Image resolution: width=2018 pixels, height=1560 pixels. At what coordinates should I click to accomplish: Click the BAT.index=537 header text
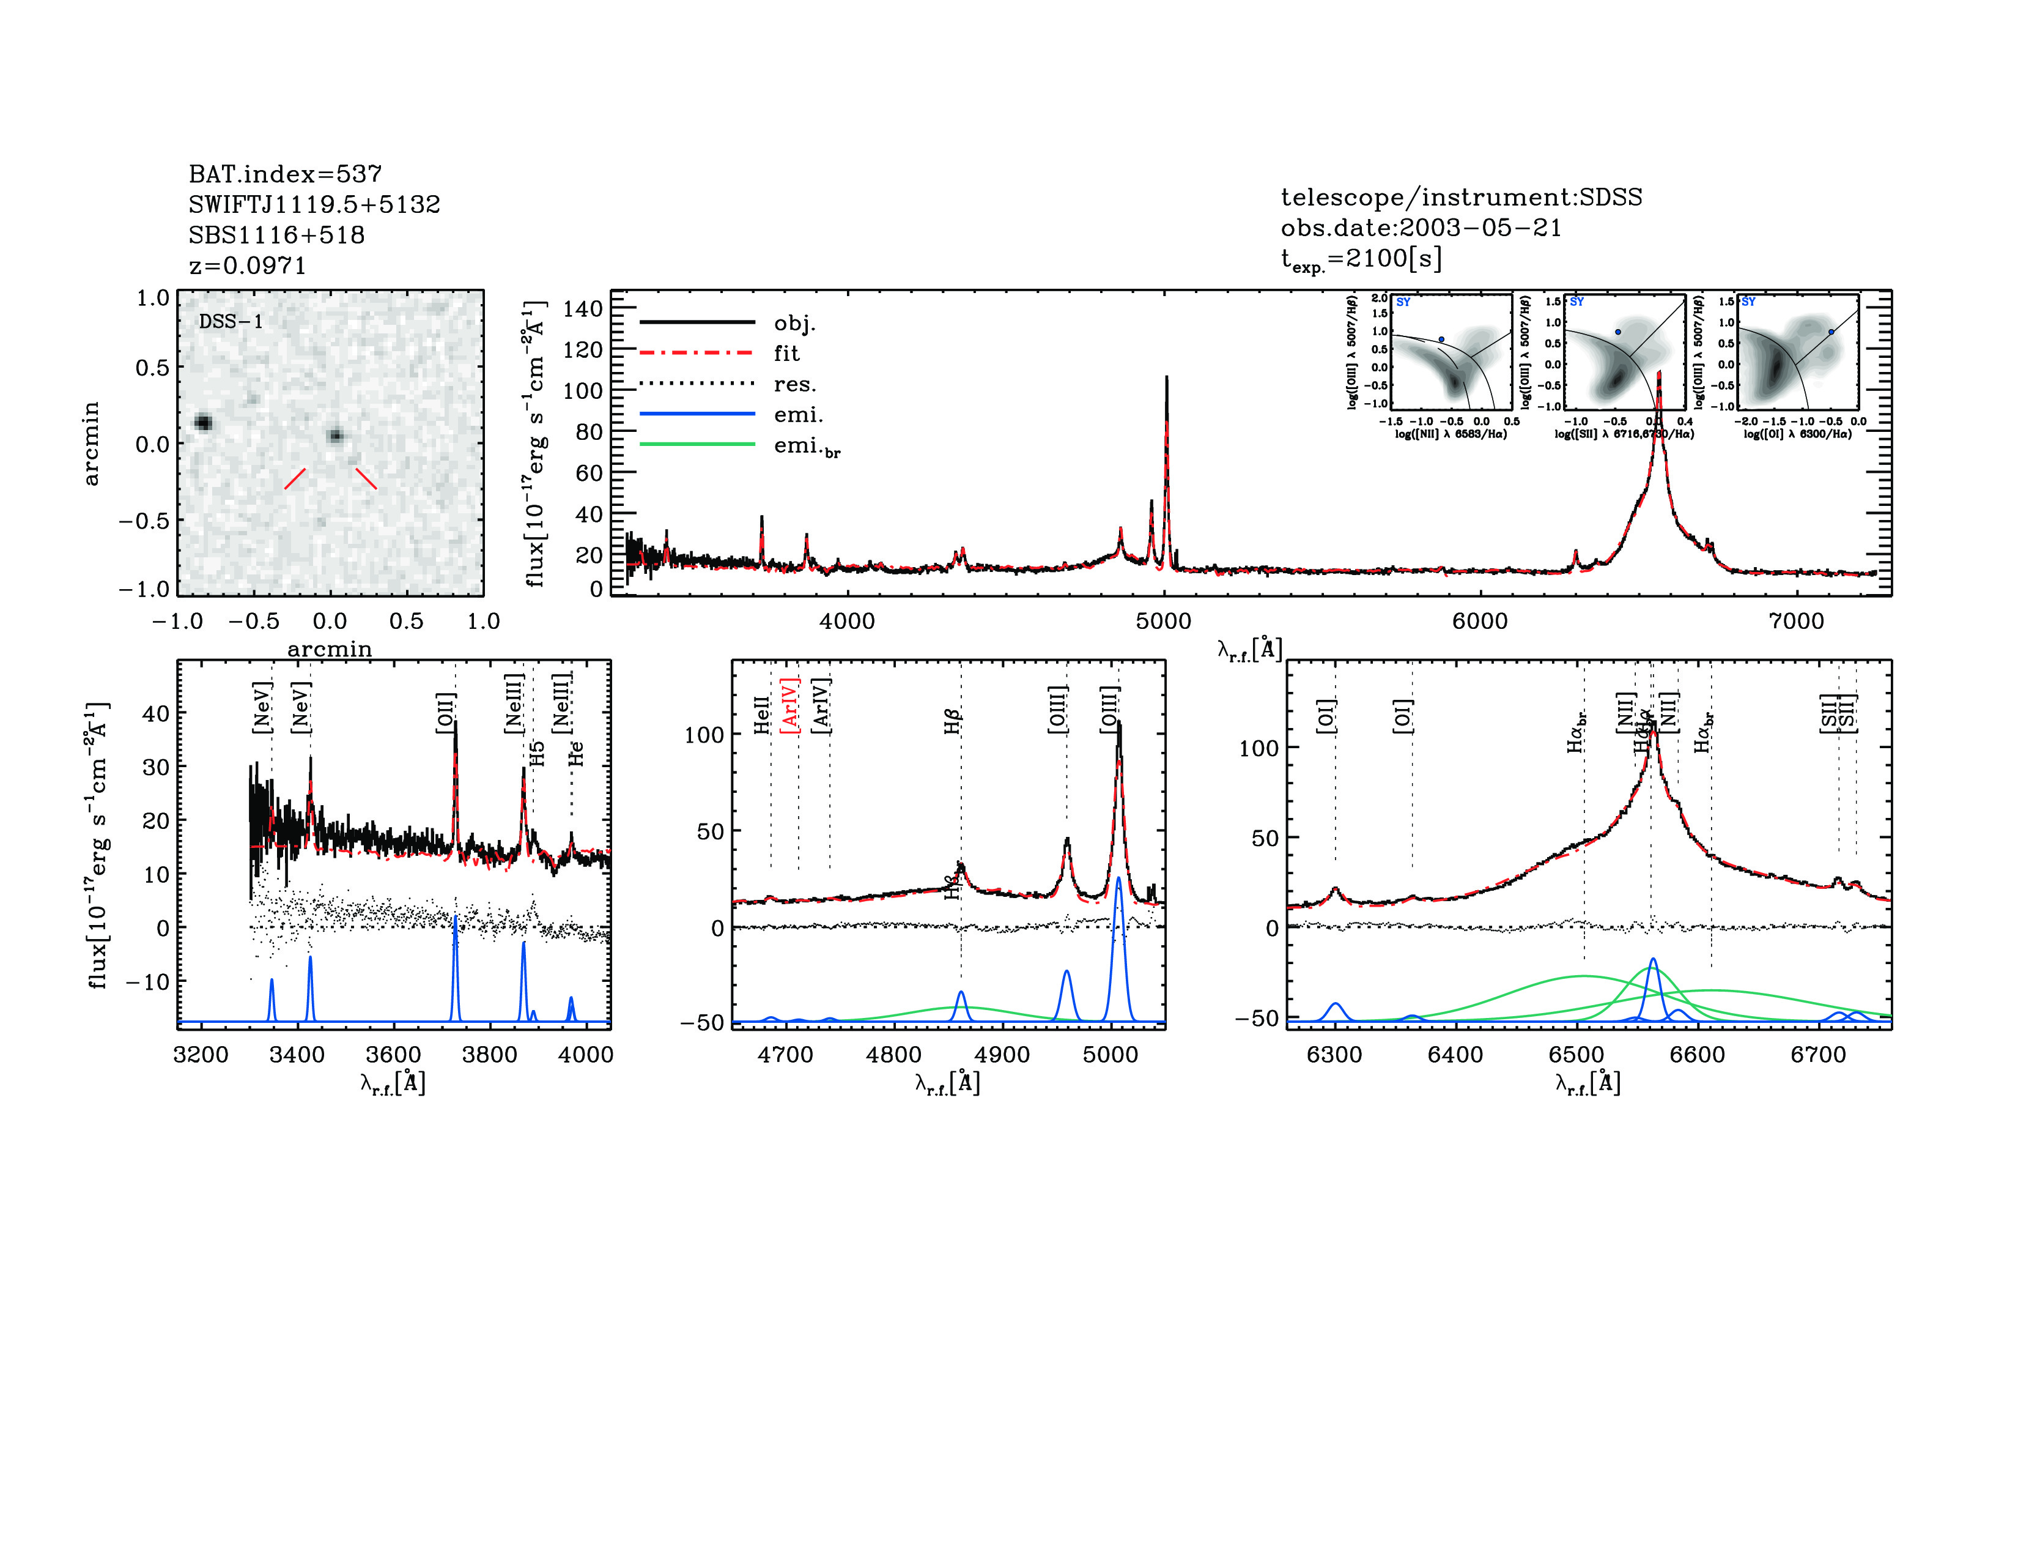pyautogui.click(x=284, y=174)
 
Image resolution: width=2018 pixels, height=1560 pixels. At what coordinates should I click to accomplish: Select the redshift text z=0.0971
pyautogui.click(x=246, y=266)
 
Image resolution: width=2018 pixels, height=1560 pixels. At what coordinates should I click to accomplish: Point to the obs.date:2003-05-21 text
pyautogui.click(x=1420, y=228)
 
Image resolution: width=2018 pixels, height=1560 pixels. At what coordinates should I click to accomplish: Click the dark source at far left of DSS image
pyautogui.click(x=203, y=423)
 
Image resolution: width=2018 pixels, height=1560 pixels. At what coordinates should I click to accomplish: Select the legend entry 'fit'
pyautogui.click(x=786, y=353)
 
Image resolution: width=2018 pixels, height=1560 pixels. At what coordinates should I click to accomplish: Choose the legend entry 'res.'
pyautogui.click(x=794, y=384)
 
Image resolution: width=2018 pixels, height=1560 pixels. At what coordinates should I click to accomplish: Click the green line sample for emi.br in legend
pyautogui.click(x=698, y=445)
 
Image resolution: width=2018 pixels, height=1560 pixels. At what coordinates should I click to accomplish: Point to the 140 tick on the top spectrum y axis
pyautogui.click(x=582, y=309)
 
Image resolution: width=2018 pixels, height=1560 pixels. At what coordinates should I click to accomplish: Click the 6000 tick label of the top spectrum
pyautogui.click(x=1479, y=621)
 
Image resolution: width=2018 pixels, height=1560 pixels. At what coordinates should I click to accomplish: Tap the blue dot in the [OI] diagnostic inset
pyautogui.click(x=1830, y=332)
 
